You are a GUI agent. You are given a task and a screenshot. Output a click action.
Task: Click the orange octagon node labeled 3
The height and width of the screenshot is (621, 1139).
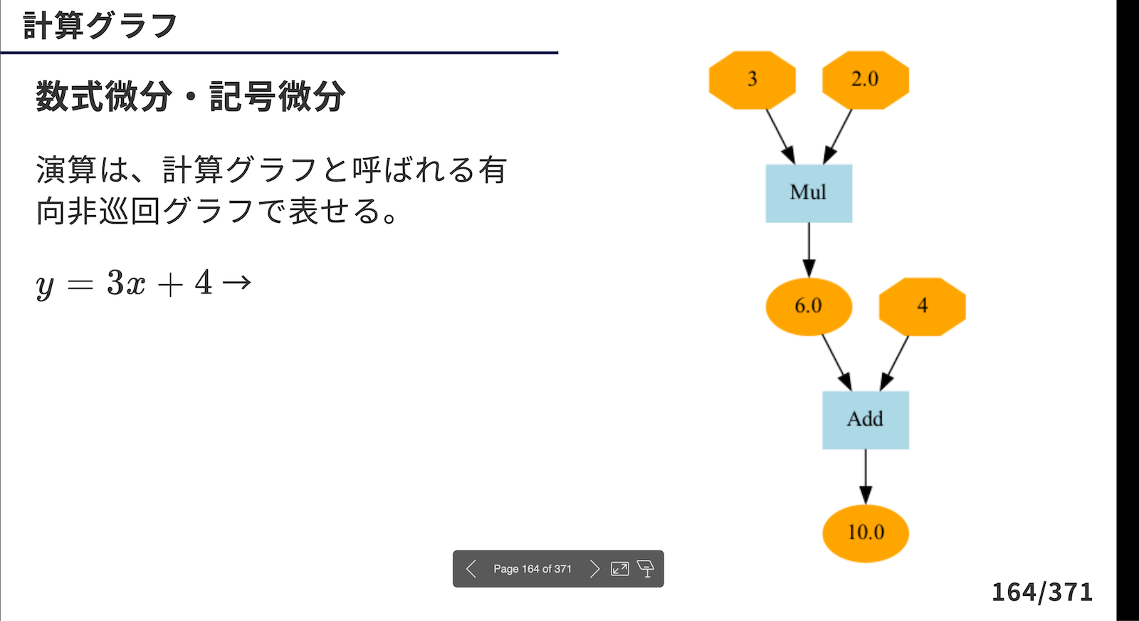pos(752,80)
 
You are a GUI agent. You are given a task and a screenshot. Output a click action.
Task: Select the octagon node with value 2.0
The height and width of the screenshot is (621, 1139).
pos(866,80)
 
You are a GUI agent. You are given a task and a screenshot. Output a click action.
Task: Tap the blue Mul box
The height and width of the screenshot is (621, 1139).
pos(809,193)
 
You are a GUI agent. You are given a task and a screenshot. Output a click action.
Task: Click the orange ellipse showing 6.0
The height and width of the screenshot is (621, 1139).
pos(809,307)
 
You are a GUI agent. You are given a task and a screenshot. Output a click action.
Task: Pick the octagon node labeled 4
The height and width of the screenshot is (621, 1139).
pos(923,307)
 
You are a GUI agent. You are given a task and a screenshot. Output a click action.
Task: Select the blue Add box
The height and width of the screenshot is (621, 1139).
pos(866,420)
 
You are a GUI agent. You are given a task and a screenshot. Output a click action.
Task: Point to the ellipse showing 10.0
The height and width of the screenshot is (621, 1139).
pos(866,533)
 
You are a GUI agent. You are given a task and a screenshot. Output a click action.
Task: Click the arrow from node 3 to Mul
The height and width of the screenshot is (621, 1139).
pos(780,136)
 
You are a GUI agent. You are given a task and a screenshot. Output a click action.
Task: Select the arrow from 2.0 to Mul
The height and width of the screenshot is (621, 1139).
pos(837,136)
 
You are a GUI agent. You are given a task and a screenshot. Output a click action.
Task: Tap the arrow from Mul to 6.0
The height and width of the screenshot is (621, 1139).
pos(809,250)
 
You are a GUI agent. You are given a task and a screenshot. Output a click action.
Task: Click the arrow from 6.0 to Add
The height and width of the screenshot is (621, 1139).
pos(837,363)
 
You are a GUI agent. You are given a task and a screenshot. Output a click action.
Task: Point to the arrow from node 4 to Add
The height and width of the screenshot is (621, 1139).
pos(894,363)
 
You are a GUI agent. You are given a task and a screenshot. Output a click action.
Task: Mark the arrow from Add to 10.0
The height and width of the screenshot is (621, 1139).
pos(866,477)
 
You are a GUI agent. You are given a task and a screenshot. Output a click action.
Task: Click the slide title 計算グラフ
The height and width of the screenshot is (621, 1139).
pos(100,26)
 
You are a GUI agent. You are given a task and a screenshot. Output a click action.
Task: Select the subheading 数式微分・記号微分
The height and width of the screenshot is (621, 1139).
pos(191,96)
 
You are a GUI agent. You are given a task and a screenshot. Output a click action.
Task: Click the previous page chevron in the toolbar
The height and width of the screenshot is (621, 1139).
pos(471,568)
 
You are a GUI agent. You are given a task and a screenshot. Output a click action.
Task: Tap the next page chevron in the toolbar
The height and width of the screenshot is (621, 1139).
pos(594,568)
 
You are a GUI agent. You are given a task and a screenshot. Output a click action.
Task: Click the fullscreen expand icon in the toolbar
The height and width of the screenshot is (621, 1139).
pos(620,568)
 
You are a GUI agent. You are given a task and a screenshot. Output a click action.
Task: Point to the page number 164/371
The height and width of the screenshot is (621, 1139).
pos(1042,592)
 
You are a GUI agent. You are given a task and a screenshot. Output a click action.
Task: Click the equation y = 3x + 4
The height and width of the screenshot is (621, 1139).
pos(124,283)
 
